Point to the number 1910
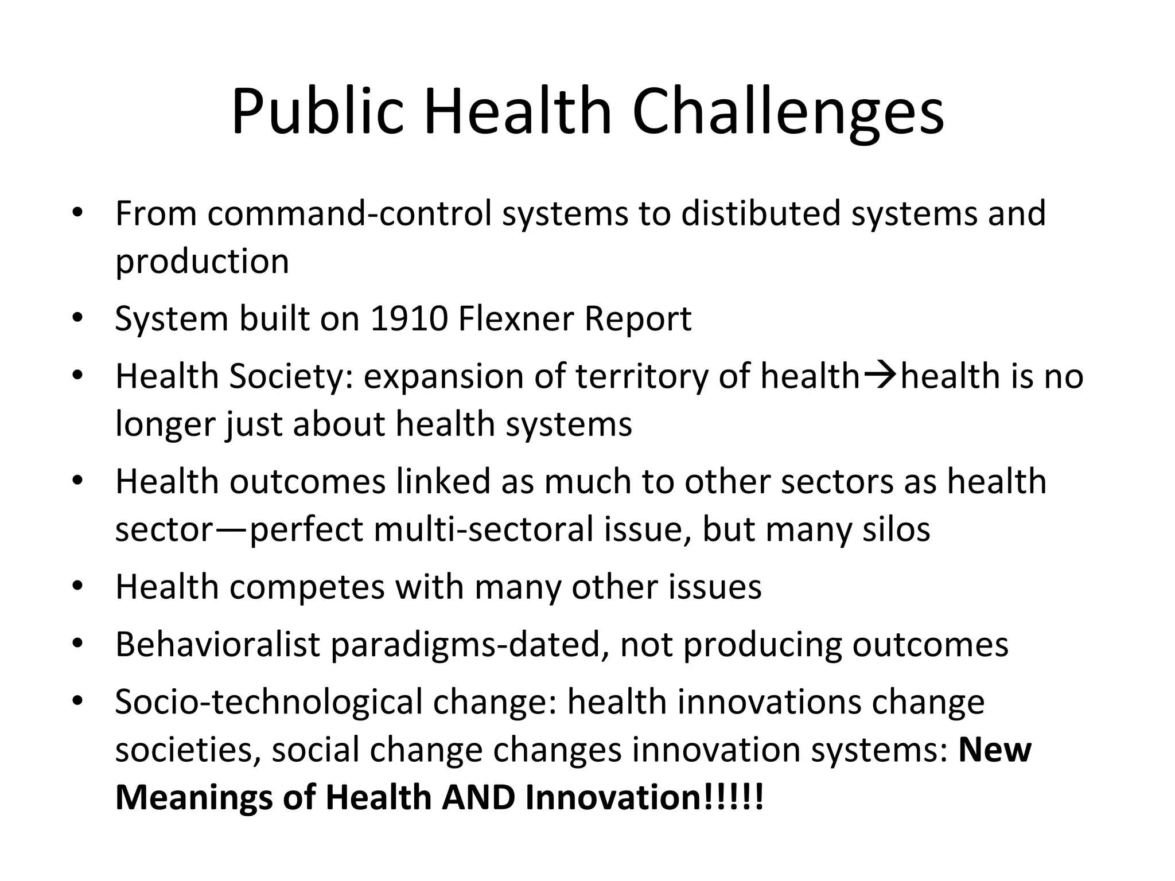pyautogui.click(x=408, y=319)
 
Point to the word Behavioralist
pyautogui.click(x=217, y=645)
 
